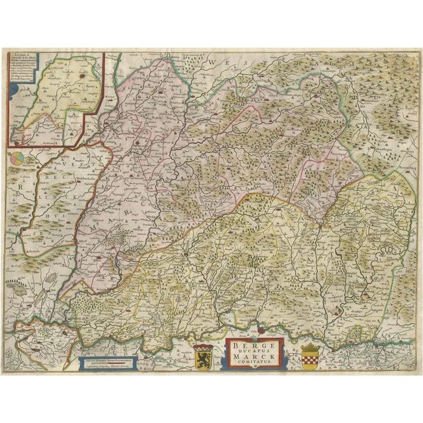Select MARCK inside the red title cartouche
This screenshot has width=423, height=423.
[254, 356]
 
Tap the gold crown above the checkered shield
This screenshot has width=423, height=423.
[309, 348]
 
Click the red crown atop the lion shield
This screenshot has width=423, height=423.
[201, 346]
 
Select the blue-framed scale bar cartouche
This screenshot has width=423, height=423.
[110, 363]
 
